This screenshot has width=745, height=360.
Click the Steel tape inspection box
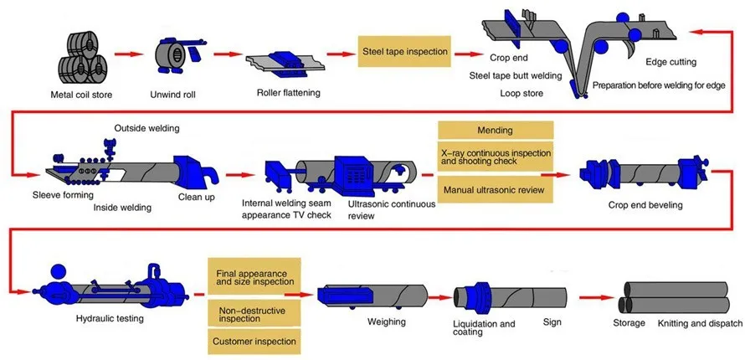point(404,51)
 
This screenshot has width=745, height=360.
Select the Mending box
point(495,131)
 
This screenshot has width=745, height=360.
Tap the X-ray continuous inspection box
point(495,157)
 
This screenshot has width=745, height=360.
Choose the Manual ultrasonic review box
point(495,190)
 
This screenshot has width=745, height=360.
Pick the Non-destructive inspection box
point(251,313)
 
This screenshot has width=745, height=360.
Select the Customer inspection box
point(251,342)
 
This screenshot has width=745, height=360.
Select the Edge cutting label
point(670,63)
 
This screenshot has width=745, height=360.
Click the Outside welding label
point(146,128)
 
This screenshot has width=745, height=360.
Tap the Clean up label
point(198,198)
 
